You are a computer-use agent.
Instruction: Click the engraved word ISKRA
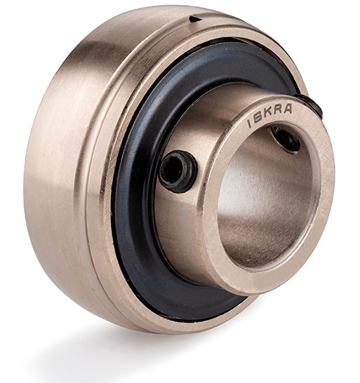269,116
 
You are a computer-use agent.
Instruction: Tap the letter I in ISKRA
249,124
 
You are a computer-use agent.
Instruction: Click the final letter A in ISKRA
288,109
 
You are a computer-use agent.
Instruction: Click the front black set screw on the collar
178,171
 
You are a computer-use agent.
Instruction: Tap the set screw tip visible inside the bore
286,139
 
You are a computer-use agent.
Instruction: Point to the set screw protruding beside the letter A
309,105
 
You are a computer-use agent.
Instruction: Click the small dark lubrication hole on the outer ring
195,19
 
